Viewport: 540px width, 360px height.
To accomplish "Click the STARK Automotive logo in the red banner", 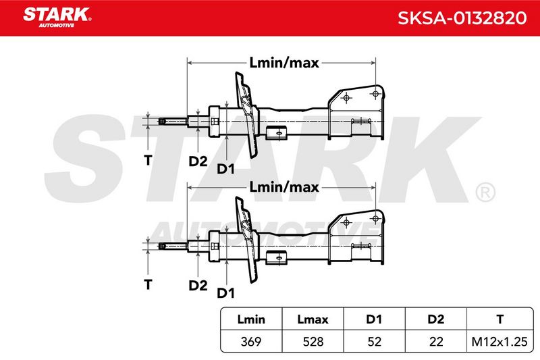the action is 57,18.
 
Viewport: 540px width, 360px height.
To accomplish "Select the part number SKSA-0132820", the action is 462,18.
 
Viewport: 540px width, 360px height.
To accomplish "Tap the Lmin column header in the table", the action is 251,319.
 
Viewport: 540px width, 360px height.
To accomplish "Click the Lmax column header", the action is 313,319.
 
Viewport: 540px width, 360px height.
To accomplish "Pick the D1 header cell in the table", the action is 374,319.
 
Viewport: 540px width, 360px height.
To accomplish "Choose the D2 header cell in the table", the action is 435,319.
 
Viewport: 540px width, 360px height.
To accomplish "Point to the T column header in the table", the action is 500,319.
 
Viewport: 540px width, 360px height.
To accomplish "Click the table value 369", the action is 251,341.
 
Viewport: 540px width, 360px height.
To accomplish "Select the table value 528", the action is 313,341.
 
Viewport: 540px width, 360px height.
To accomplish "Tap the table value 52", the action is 374,341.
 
